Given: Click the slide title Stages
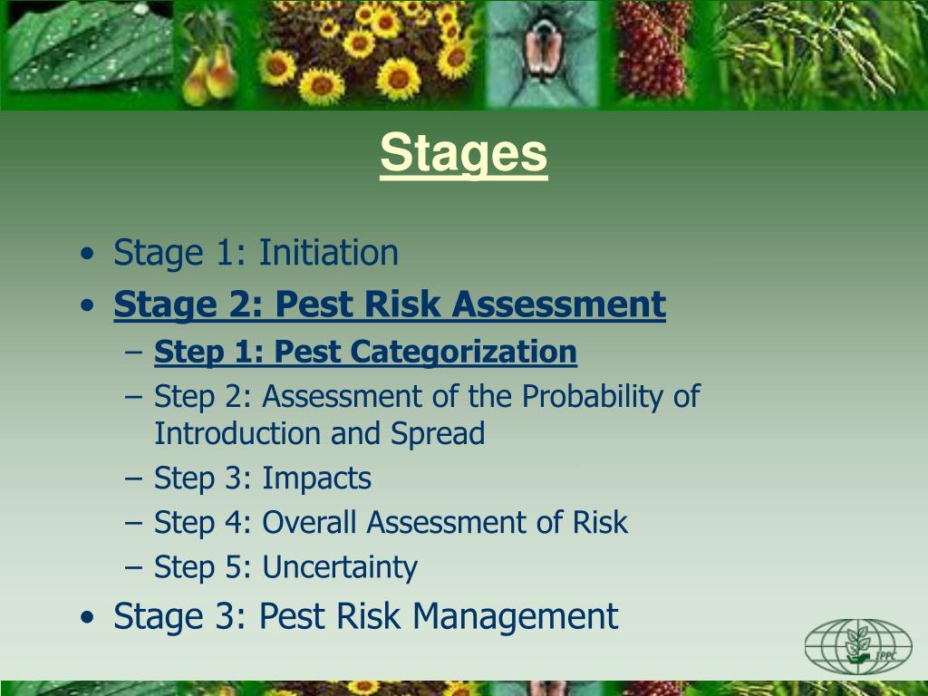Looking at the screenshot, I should click(464, 153).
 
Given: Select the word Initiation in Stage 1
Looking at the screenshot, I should click(328, 253).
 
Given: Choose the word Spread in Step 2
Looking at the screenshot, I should click(438, 433).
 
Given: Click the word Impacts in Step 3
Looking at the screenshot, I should click(316, 478).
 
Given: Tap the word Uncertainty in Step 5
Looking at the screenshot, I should click(340, 568).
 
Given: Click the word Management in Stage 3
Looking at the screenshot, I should click(515, 617).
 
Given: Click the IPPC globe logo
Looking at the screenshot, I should click(857, 646).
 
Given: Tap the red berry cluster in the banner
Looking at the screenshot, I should click(651, 54).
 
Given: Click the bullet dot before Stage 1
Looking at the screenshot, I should click(86, 255).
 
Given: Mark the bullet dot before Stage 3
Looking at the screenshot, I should click(86, 619).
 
